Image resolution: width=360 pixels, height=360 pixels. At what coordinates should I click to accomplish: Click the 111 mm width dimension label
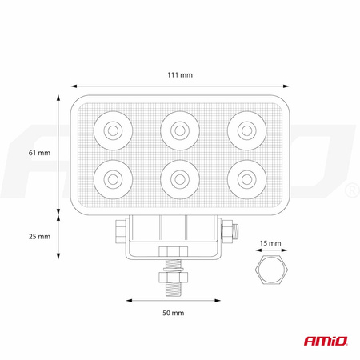(180, 75)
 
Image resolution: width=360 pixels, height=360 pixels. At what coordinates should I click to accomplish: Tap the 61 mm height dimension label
(39, 153)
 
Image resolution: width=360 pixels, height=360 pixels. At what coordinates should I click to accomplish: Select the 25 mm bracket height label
(39, 236)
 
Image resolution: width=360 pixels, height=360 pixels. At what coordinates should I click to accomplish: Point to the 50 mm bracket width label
(174, 313)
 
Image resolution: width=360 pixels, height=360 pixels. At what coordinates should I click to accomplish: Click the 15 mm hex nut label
(270, 243)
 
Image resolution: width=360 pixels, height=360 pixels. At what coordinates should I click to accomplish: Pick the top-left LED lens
(113, 130)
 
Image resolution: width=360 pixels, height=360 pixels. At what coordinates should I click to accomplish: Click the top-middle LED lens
(180, 130)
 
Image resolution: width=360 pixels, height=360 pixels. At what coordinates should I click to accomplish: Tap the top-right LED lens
(247, 130)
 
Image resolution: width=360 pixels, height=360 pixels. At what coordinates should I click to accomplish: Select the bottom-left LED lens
(113, 179)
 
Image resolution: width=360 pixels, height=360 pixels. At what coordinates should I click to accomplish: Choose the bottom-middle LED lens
(180, 179)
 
